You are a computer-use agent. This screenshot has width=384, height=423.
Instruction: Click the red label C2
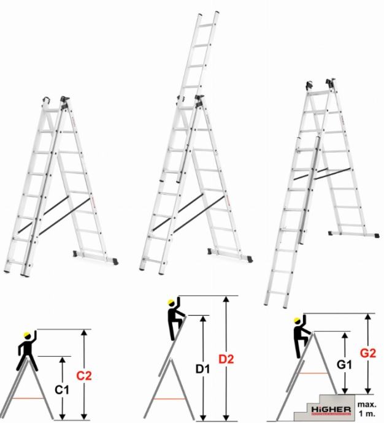(84, 376)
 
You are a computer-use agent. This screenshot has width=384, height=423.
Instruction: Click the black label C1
(62, 390)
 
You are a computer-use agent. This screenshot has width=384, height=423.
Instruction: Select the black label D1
(202, 369)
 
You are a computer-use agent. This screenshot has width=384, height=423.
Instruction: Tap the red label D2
(226, 359)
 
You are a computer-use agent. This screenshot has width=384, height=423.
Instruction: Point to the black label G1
(344, 365)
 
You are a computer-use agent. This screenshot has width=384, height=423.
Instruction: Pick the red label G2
(368, 353)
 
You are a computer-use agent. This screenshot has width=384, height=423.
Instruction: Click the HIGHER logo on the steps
(331, 410)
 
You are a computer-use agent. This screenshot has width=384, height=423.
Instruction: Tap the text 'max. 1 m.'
(367, 409)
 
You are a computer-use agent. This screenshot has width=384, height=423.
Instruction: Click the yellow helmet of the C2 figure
(27, 335)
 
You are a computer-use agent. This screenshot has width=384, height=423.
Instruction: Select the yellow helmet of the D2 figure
(171, 302)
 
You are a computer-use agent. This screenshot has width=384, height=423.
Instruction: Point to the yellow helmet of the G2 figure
(297, 320)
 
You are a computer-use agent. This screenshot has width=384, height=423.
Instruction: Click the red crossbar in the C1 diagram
(28, 398)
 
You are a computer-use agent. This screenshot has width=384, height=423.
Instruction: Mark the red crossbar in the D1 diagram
(169, 398)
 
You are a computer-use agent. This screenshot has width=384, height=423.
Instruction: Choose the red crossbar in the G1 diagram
(313, 373)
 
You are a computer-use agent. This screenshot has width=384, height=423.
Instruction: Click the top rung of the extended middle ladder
(206, 25)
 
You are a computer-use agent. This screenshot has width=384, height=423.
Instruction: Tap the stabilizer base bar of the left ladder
(96, 257)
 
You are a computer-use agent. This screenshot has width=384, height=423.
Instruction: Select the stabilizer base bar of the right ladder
(353, 234)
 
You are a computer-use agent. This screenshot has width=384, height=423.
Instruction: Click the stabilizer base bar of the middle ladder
(230, 255)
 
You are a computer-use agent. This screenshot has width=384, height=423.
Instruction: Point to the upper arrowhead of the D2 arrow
(226, 299)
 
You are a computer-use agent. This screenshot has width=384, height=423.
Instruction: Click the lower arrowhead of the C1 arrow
(63, 416)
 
